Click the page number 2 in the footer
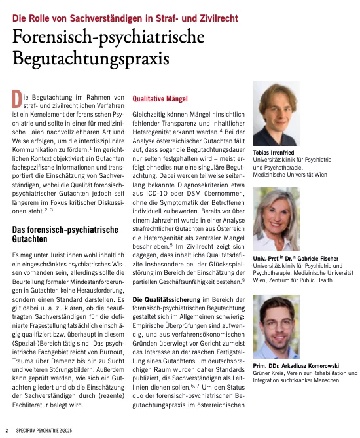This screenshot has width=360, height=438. tap(7, 430)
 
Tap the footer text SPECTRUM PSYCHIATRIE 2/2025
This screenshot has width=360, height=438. tap(50, 430)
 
